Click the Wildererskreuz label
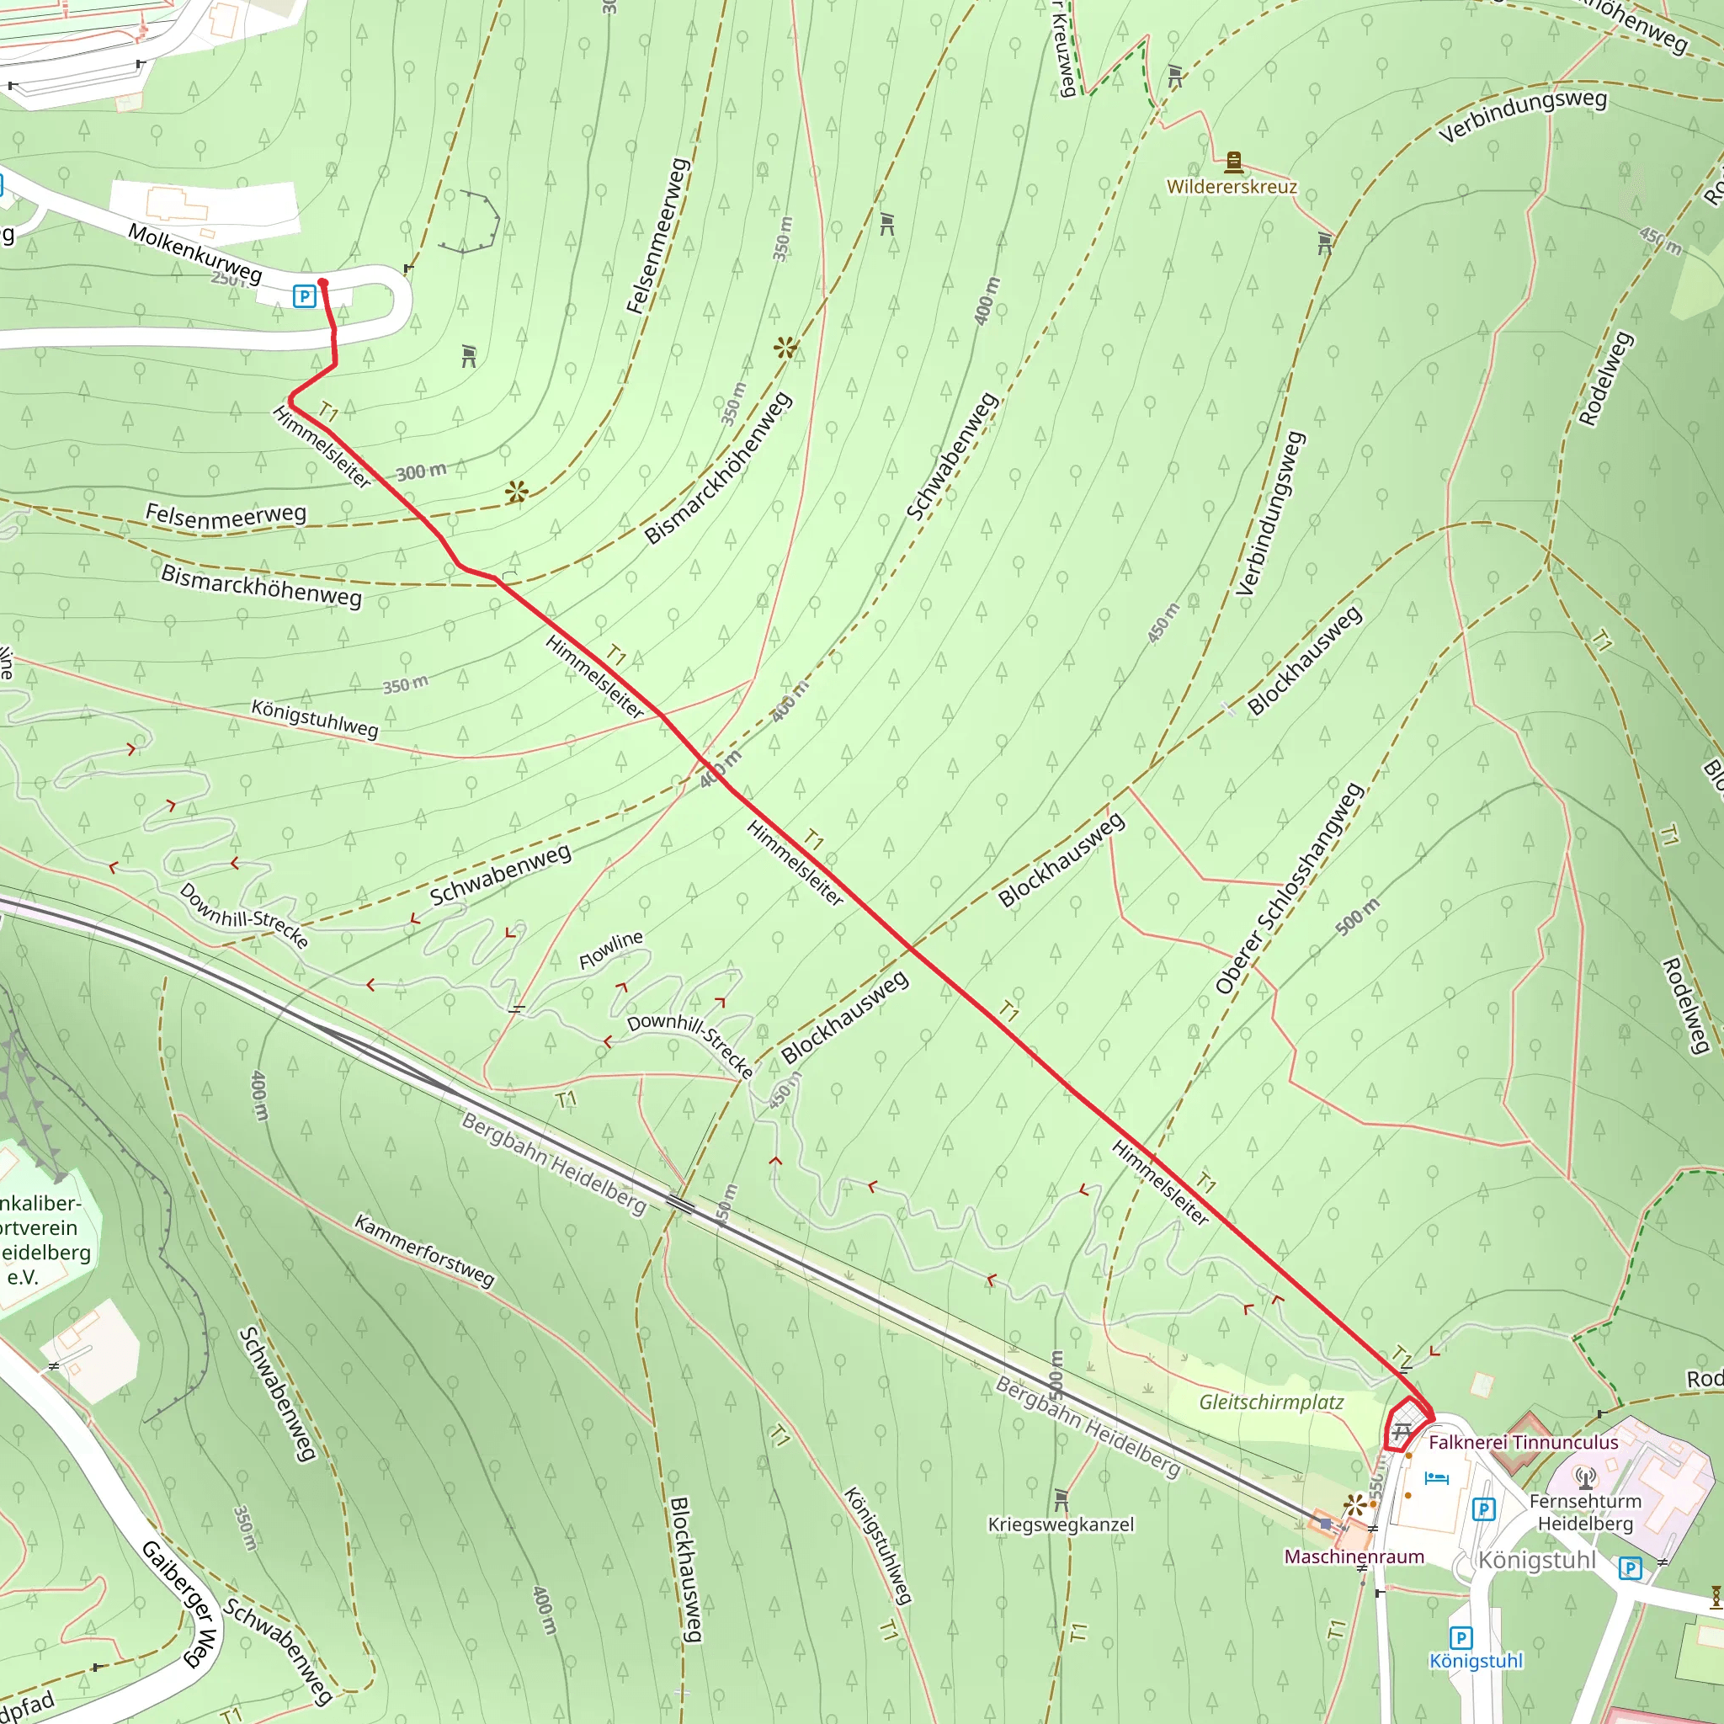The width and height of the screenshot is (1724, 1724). pyautogui.click(x=1232, y=188)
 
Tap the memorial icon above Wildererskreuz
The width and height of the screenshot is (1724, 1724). pyautogui.click(x=1234, y=162)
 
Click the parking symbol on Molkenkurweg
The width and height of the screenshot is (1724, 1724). pyautogui.click(x=304, y=296)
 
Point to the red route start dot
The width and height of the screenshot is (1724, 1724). pyautogui.click(x=323, y=283)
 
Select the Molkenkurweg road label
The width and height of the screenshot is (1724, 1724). pyautogui.click(x=195, y=253)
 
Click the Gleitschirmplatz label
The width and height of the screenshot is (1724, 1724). pyautogui.click(x=1270, y=1402)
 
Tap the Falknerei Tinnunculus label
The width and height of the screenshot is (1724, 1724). pyautogui.click(x=1523, y=1443)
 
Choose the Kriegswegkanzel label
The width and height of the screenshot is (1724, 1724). pyautogui.click(x=1061, y=1525)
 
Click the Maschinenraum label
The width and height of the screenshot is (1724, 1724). pyautogui.click(x=1354, y=1557)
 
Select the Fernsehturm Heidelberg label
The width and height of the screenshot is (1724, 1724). pyautogui.click(x=1586, y=1513)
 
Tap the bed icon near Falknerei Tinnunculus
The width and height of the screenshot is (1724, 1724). pyautogui.click(x=1437, y=1477)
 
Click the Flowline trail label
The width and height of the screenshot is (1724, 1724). pyautogui.click(x=611, y=950)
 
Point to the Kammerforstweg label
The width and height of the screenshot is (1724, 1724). pyautogui.click(x=424, y=1250)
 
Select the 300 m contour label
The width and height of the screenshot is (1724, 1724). pyautogui.click(x=421, y=471)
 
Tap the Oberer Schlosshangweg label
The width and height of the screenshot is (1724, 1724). pyautogui.click(x=1289, y=889)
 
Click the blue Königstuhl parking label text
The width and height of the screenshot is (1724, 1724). pyautogui.click(x=1476, y=1662)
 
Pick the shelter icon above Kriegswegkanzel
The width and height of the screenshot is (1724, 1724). pyautogui.click(x=1061, y=1499)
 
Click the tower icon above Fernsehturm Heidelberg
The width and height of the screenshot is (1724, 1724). pyautogui.click(x=1586, y=1478)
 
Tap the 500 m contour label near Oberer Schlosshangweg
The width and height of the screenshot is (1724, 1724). pyautogui.click(x=1357, y=917)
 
